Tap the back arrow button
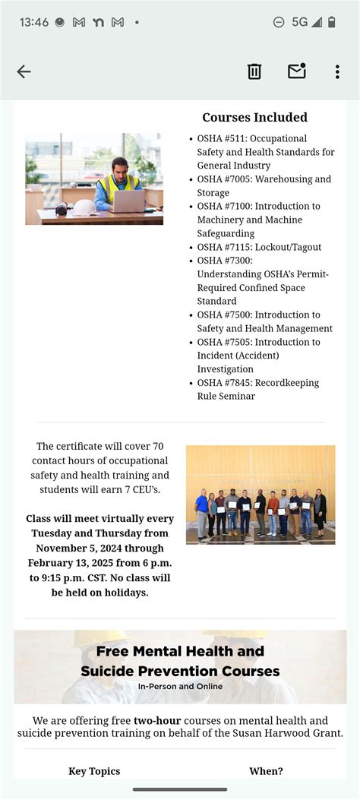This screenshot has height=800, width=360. coord(24,71)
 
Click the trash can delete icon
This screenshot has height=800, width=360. coord(254,71)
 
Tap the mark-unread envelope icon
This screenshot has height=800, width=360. coord(296,71)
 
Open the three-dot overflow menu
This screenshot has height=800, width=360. coord(337,71)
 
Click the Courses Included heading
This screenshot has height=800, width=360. coord(254,118)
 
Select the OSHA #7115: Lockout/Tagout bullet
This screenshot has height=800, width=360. coord(259,247)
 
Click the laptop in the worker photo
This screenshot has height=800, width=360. coord(128,201)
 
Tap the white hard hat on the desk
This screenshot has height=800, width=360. coord(84,207)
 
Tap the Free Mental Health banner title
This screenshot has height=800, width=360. coord(180,661)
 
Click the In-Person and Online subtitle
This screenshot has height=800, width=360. coord(180,687)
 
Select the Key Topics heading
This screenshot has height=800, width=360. coord(94,771)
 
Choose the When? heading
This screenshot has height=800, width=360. coord(266,771)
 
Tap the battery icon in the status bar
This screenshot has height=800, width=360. coord(332,22)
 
